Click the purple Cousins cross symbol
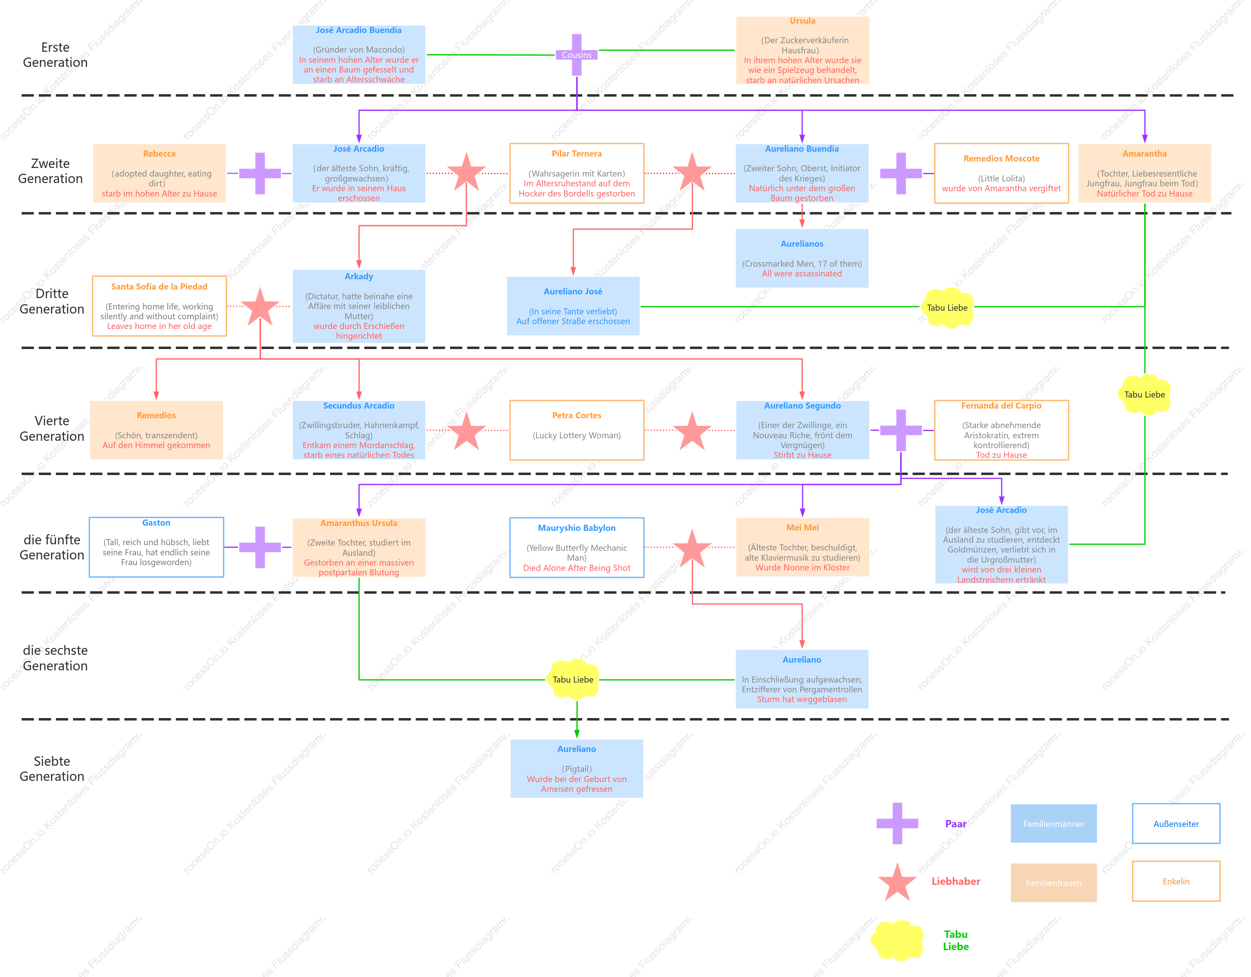click(x=576, y=55)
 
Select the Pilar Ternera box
click(x=576, y=173)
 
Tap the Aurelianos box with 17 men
click(x=801, y=258)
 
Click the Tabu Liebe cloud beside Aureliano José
click(x=947, y=308)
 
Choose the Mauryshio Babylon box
click(x=576, y=548)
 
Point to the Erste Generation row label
click(x=55, y=55)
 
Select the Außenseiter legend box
click(x=1176, y=824)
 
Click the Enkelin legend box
click(x=1176, y=882)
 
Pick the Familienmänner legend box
click(x=1054, y=824)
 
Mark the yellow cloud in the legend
click(x=897, y=940)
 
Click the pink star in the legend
click(x=897, y=882)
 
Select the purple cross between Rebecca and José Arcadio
click(x=260, y=173)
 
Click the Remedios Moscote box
click(x=1001, y=173)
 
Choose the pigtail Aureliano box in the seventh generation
click(x=576, y=769)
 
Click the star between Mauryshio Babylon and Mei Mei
click(x=692, y=548)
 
